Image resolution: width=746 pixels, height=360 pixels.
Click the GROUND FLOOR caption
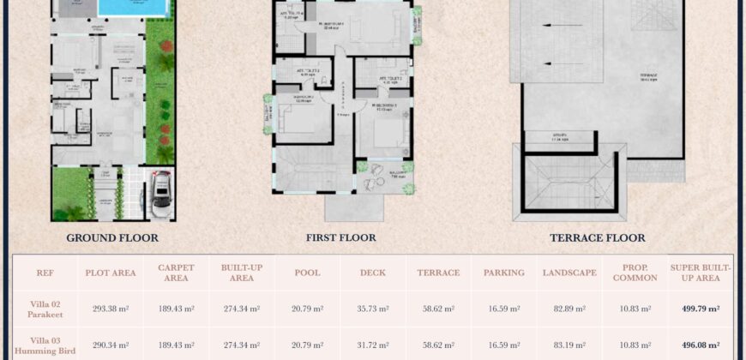(x=112, y=237)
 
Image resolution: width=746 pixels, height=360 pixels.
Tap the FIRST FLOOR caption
(x=340, y=237)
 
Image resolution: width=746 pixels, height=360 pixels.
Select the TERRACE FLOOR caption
(x=598, y=237)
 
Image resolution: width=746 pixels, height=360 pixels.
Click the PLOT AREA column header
(x=110, y=273)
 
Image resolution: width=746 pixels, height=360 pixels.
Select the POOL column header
(x=306, y=273)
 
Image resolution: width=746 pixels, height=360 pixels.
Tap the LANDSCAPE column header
(x=569, y=273)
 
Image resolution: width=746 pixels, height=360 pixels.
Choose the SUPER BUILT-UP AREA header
(x=701, y=273)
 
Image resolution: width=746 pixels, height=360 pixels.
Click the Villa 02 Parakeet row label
(x=45, y=309)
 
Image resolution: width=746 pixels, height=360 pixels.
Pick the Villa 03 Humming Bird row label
(x=45, y=345)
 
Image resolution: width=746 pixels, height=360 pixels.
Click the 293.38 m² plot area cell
(x=110, y=309)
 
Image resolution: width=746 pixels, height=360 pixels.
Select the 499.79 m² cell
(x=701, y=309)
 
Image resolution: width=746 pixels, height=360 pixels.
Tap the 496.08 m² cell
(x=701, y=345)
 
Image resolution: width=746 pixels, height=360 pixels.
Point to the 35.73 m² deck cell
(x=372, y=309)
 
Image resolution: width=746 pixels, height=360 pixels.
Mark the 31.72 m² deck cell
(x=372, y=345)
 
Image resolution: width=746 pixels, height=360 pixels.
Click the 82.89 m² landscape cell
(x=569, y=309)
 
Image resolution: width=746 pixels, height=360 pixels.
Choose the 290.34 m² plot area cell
(x=110, y=345)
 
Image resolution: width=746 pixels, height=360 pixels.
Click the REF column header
(x=45, y=273)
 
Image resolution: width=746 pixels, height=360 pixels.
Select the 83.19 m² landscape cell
(x=569, y=345)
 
